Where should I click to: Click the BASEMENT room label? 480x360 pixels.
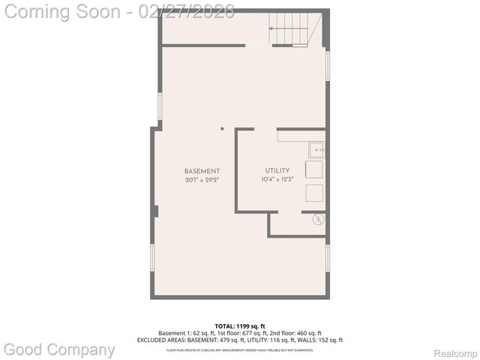coord(202,172)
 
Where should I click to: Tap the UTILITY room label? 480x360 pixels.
coord(277,171)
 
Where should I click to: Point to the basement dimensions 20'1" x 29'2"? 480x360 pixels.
coord(202,181)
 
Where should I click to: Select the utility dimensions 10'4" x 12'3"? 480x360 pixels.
coord(277,180)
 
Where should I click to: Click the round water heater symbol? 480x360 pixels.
coord(317,219)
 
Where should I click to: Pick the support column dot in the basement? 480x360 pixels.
coord(222,128)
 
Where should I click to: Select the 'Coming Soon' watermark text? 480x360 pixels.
coord(63,11)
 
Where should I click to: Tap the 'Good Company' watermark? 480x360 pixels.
coord(59,349)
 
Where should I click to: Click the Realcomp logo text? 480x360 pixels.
coord(455,353)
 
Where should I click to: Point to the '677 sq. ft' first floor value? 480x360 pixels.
coord(252,333)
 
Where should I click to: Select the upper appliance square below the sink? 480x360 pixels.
coord(314,169)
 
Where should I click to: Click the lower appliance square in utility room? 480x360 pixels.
coord(314,193)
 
